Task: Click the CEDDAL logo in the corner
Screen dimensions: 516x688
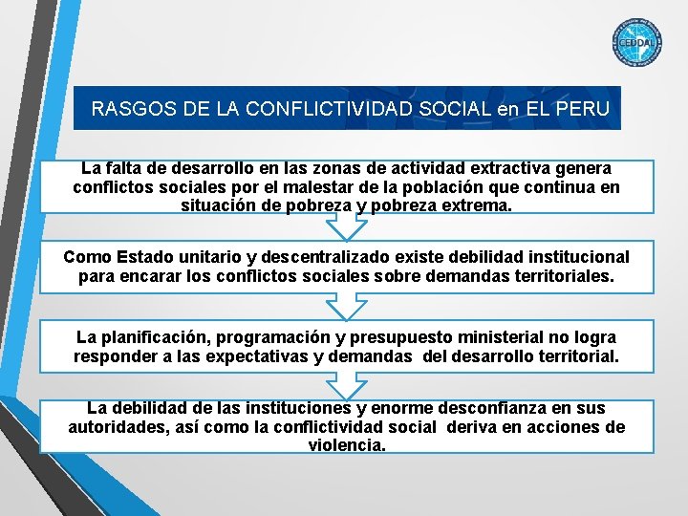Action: coord(635,43)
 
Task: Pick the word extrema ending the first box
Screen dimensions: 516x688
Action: coord(473,205)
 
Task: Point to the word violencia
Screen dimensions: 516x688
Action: coord(346,445)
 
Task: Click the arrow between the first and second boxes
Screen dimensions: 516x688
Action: coord(346,227)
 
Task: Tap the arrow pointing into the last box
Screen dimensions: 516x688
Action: coord(346,387)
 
